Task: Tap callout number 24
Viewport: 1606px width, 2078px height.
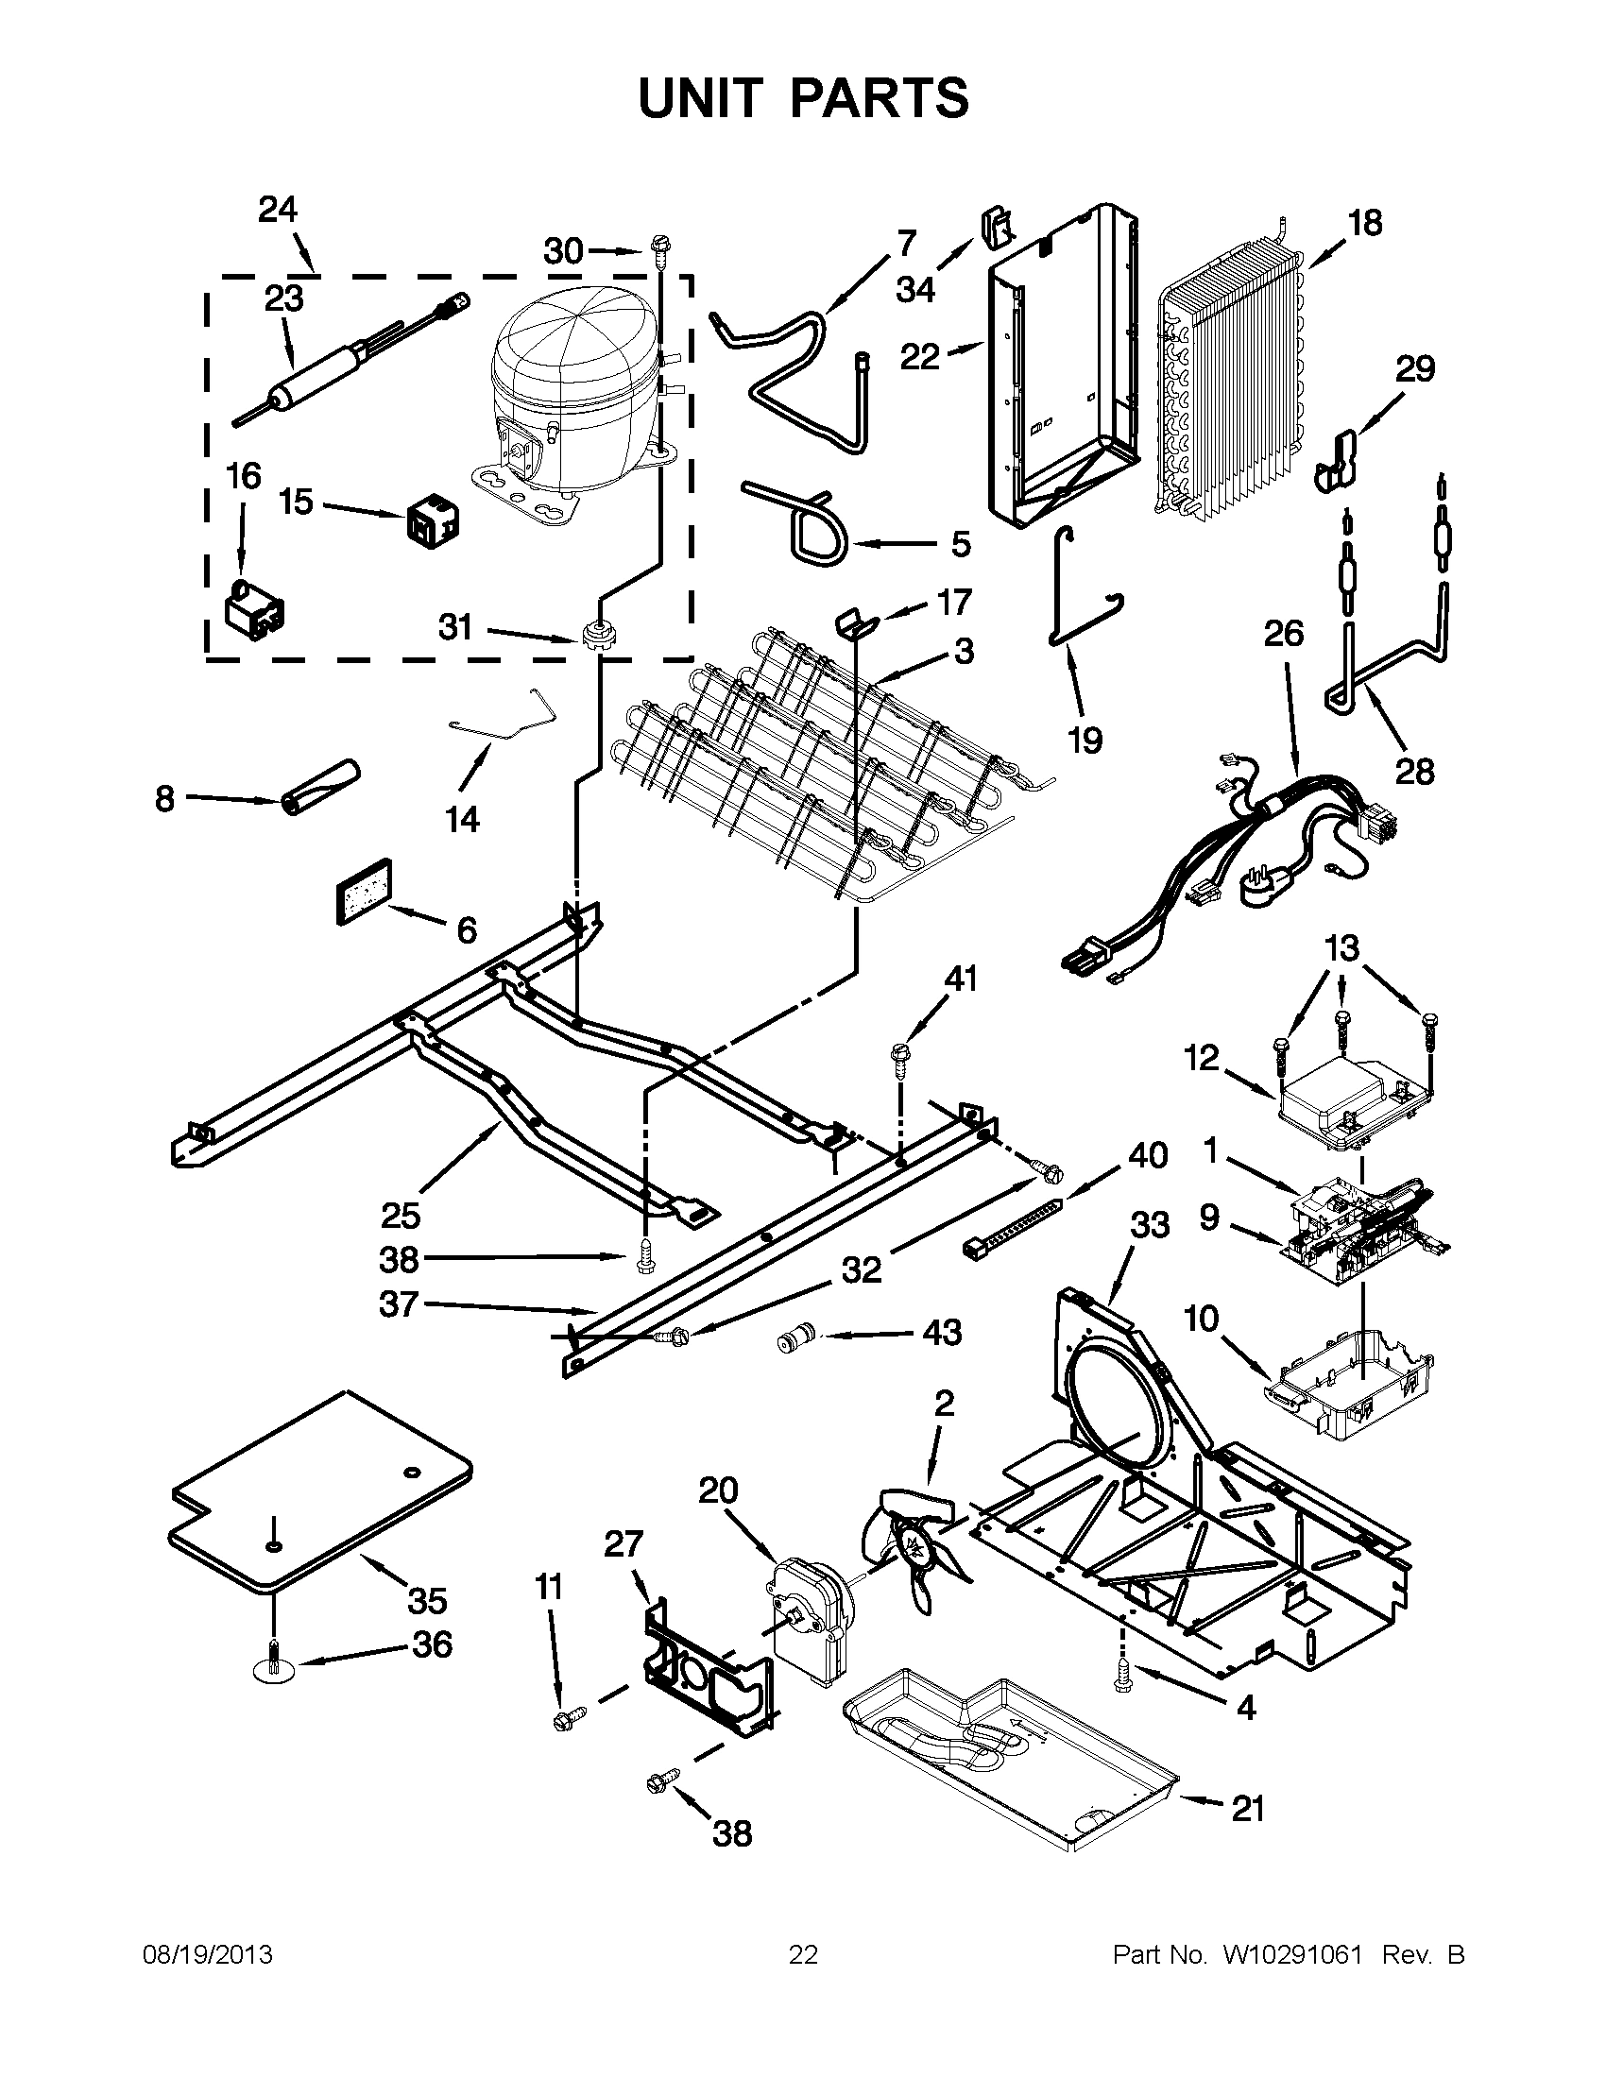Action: coord(277,209)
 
